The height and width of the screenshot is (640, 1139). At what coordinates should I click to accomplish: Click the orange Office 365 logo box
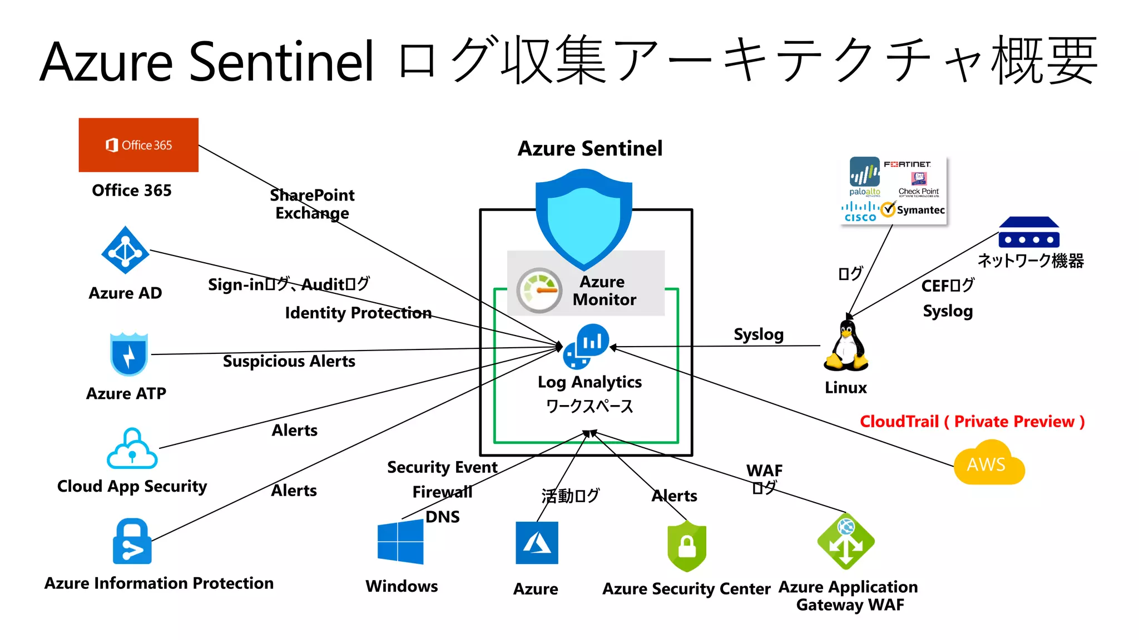point(138,145)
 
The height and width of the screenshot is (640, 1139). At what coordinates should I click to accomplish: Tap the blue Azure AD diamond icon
point(125,251)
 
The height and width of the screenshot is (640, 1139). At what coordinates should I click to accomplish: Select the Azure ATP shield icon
point(128,354)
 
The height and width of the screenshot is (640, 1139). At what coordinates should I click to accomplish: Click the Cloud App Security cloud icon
point(132,449)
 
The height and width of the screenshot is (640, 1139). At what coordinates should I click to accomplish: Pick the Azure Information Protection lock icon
point(132,542)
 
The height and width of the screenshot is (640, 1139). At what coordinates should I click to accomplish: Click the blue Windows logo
point(400,543)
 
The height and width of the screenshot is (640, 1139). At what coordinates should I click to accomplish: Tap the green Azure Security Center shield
point(687,547)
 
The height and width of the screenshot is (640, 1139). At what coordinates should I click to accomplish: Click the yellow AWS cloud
point(988,463)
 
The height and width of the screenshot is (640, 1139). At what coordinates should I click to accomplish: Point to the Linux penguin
point(846,347)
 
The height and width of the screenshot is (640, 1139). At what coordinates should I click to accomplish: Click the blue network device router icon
point(1029,233)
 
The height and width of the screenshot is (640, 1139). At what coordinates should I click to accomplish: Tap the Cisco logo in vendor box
point(860,212)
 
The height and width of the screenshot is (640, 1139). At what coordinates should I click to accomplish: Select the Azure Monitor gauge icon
point(539,290)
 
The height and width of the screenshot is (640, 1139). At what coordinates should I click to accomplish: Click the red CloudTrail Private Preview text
point(972,422)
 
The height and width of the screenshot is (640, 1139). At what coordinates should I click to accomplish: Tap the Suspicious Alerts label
point(289,361)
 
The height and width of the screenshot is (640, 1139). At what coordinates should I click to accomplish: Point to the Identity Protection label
point(358,313)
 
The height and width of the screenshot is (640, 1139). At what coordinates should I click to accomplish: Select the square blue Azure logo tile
point(537,543)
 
